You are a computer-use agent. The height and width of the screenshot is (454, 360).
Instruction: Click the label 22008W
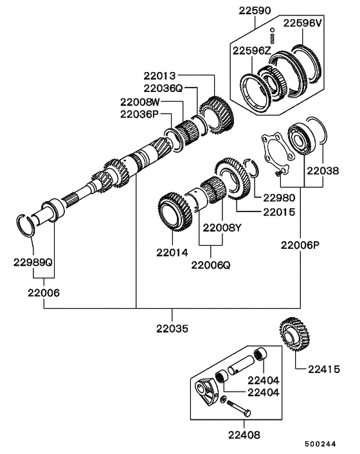click(139, 102)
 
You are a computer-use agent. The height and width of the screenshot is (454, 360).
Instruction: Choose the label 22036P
click(138, 114)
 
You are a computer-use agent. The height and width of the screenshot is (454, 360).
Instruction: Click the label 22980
click(272, 197)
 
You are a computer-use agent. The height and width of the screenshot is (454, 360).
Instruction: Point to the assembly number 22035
click(172, 328)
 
